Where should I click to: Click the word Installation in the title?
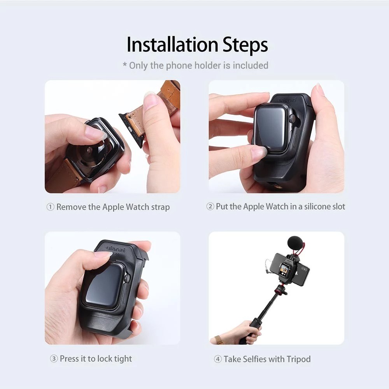(172, 45)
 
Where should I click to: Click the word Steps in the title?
(245, 45)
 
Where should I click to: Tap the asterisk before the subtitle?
(125, 65)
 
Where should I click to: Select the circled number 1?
(50, 207)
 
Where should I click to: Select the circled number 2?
(210, 206)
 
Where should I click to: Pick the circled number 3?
(54, 359)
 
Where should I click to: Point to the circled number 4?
(217, 359)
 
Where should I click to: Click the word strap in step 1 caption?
(161, 207)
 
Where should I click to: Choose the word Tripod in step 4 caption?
(298, 359)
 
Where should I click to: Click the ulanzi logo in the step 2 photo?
(288, 100)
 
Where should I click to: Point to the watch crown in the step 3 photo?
(127, 278)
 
